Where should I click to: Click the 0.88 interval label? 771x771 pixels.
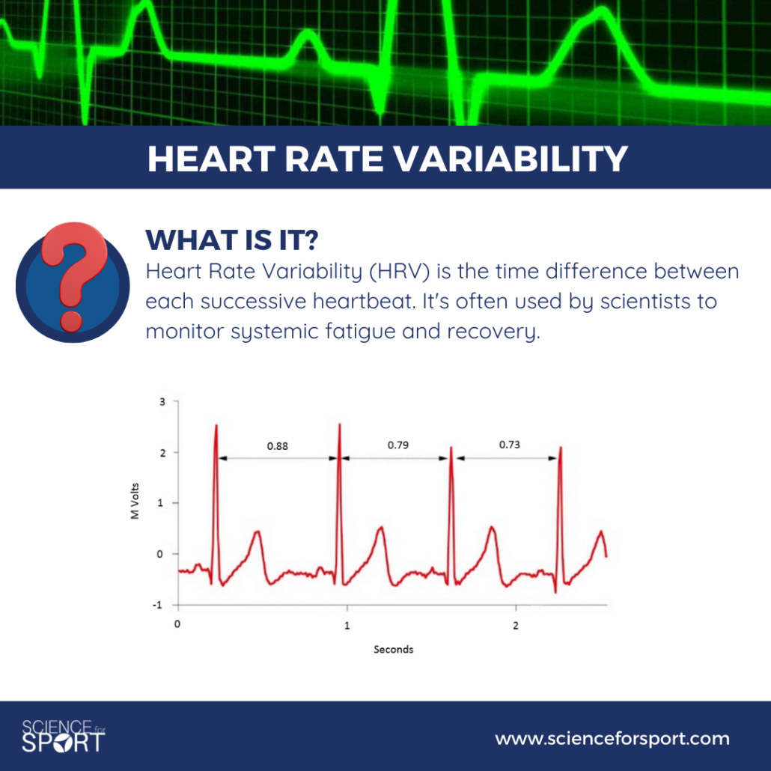[x=277, y=446]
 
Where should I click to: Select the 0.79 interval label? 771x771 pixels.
[x=397, y=445]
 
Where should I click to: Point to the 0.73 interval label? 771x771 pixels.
[x=510, y=445]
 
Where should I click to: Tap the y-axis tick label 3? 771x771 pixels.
[x=162, y=402]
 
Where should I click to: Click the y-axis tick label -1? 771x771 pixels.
[x=157, y=605]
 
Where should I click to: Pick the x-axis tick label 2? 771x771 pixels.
[x=516, y=626]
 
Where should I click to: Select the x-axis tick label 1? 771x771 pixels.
[x=347, y=626]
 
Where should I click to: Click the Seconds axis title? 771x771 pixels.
[x=394, y=649]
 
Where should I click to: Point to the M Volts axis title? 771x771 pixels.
[x=135, y=501]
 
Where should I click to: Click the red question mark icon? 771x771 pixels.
[x=74, y=275]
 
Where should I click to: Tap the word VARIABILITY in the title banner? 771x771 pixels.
[x=511, y=159]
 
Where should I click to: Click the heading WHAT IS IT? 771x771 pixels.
[x=232, y=240]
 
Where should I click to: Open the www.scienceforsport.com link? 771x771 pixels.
[x=612, y=739]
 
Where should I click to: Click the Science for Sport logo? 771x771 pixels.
[x=63, y=736]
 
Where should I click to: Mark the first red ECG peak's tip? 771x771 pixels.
[x=216, y=425]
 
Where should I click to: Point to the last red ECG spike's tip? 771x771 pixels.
[x=561, y=447]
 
